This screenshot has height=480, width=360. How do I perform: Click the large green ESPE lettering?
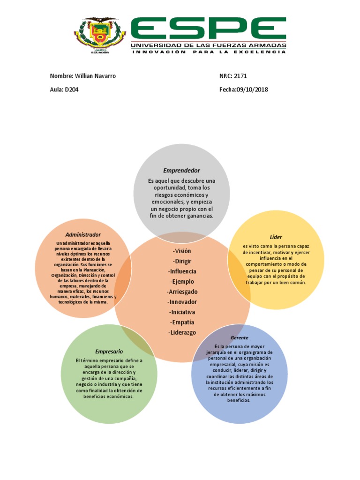tap(208, 29)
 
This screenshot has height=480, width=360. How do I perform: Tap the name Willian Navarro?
tap(95, 76)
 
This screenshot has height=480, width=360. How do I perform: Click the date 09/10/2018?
tap(251, 90)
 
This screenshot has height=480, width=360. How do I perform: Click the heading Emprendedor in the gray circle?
tap(181, 171)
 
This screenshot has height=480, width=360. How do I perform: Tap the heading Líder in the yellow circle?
tap(276, 237)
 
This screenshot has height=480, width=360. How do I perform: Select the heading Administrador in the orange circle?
tap(83, 234)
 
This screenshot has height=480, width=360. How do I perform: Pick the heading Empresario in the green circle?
tap(109, 351)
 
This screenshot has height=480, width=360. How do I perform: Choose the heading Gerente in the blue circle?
tap(239, 337)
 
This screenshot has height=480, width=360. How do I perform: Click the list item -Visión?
tap(182, 251)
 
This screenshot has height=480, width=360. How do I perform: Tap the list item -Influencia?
tap(182, 271)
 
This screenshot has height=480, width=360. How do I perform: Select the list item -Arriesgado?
tap(182, 292)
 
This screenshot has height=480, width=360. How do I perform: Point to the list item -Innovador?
tap(182, 302)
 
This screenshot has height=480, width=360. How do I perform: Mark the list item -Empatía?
tap(182, 322)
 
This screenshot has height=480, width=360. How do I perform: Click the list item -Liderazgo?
tap(182, 333)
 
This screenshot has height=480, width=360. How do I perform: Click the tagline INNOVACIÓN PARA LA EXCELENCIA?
tap(208, 52)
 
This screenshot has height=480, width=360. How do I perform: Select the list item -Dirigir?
tap(182, 261)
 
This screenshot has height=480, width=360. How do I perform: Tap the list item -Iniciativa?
tap(182, 312)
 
